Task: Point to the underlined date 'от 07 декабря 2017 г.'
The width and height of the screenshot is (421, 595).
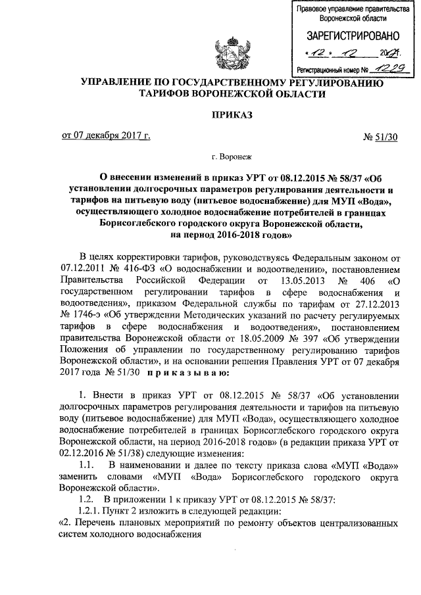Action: click(x=106, y=136)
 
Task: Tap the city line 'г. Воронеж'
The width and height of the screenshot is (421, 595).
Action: click(x=231, y=157)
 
